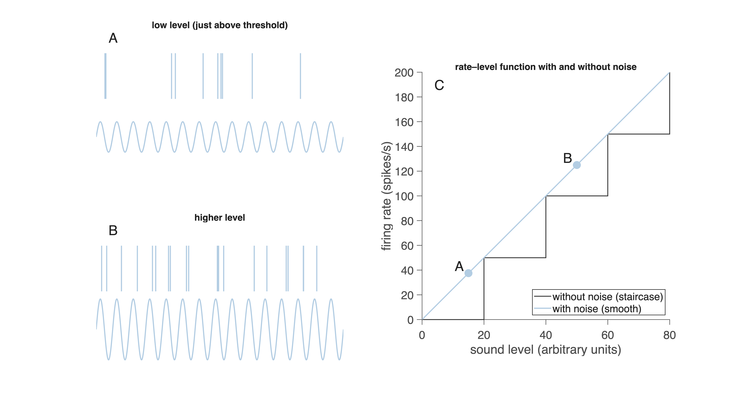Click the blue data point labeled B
[577, 165]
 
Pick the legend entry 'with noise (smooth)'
[597, 309]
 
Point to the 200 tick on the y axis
[404, 73]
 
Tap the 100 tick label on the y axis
[404, 197]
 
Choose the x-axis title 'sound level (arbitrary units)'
[546, 350]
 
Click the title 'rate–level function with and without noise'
[546, 67]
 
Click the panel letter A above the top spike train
[113, 38]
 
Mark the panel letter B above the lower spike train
[113, 230]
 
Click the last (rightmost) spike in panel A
[301, 76]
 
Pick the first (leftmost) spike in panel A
[105, 76]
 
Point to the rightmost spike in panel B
[317, 268]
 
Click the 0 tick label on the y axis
[410, 320]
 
